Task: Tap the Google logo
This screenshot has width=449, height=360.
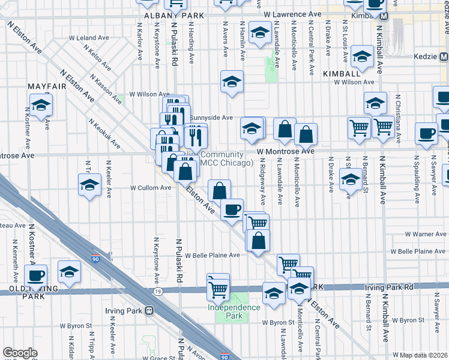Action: point(20,352)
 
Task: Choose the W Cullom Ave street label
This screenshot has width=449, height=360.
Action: point(152,188)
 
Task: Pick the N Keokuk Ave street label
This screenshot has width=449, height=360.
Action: point(104,133)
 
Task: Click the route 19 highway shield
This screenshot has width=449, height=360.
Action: point(158,291)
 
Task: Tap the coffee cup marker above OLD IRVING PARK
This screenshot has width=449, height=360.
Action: point(36,275)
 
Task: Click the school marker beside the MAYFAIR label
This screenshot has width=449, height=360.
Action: point(41,104)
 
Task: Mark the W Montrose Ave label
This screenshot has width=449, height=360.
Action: point(286,151)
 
